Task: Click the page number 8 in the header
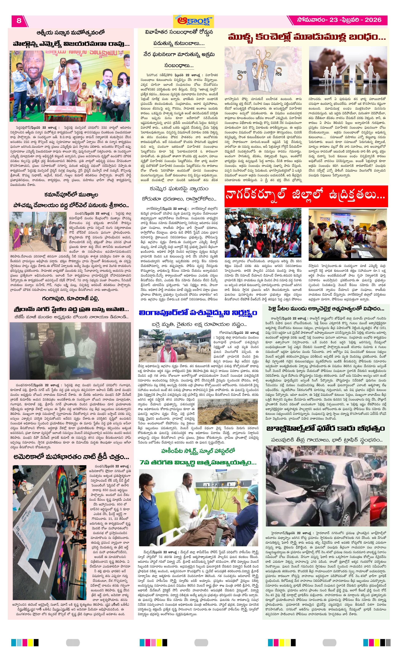[x=19, y=21]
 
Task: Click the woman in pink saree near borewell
[x=17, y=239]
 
